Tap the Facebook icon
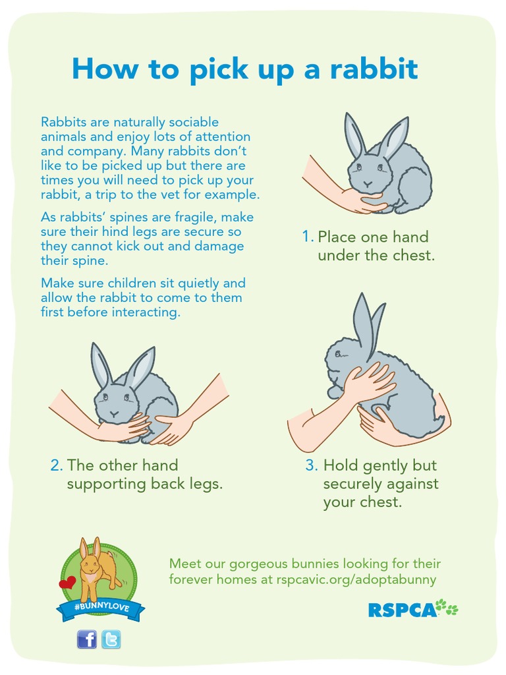click(x=86, y=639)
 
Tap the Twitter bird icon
click(x=111, y=639)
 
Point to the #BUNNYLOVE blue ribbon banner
click(x=101, y=607)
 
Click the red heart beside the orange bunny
click(x=67, y=583)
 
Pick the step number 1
click(x=307, y=237)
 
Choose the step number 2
click(x=57, y=465)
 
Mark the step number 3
click(x=311, y=465)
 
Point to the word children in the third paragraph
click(x=115, y=283)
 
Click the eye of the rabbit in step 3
click(x=337, y=354)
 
